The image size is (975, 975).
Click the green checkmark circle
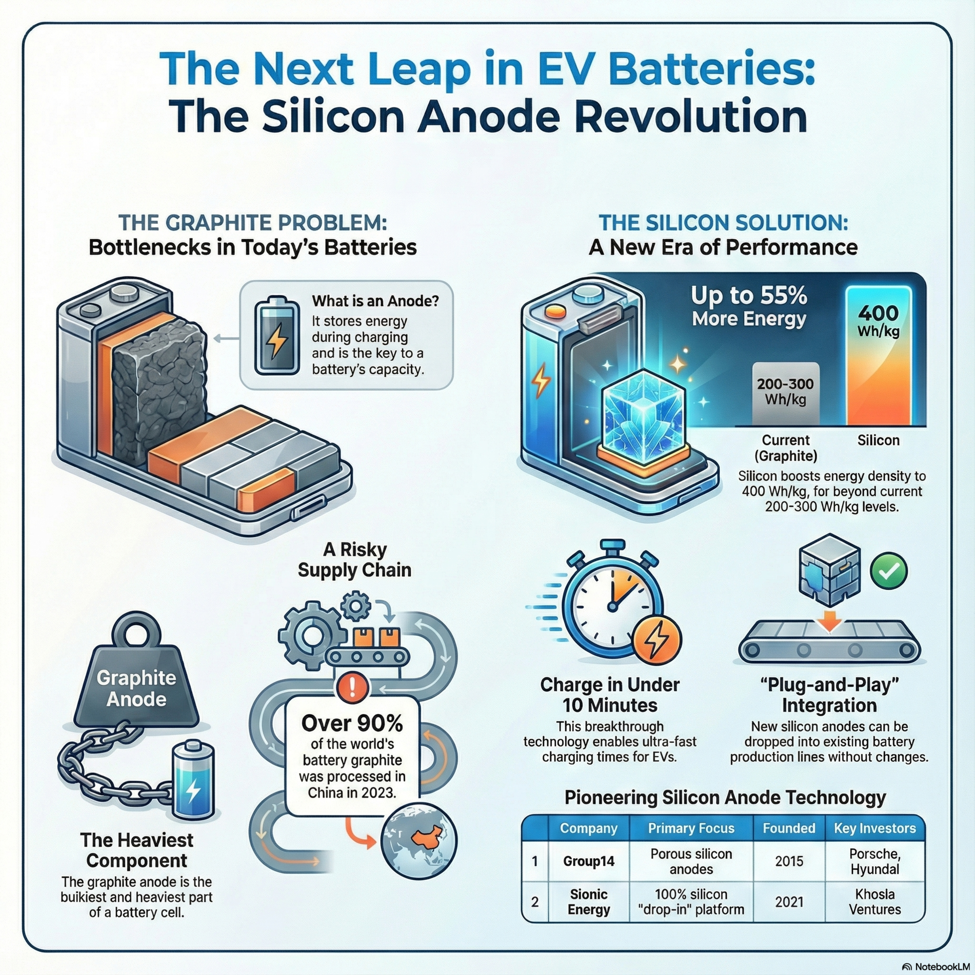coord(889,571)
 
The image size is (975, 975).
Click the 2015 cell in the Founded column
coord(789,861)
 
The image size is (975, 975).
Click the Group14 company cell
coord(589,861)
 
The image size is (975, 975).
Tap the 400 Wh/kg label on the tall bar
coord(878,321)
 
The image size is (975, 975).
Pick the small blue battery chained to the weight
coord(193,779)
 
